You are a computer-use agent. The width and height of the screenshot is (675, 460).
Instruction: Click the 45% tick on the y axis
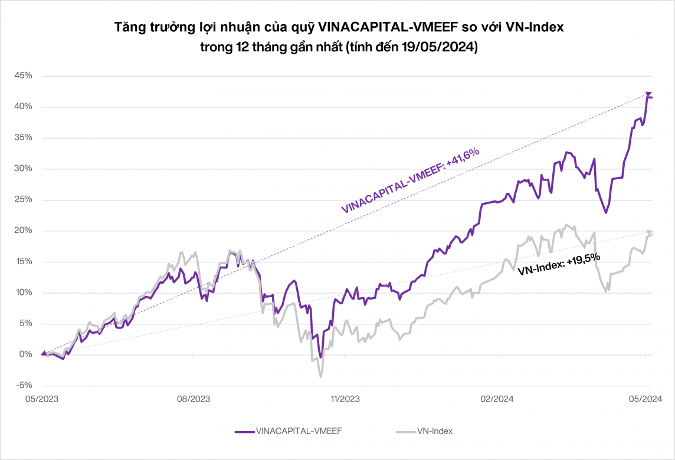coord(24,76)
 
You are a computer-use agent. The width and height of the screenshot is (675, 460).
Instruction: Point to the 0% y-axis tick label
coord(26,354)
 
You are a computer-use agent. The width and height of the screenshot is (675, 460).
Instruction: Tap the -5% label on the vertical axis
coord(24,386)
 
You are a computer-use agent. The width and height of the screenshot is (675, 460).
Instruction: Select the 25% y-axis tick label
coord(24,200)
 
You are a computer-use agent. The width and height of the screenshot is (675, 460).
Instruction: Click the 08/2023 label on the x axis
coord(194,399)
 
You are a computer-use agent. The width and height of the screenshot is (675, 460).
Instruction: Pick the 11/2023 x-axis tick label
coord(345,399)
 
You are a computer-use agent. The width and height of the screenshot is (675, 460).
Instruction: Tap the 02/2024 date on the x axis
coord(497,399)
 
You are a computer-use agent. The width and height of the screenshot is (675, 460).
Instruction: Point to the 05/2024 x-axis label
coord(645,399)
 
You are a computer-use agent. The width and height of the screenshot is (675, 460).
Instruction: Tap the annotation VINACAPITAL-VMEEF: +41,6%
coord(411,180)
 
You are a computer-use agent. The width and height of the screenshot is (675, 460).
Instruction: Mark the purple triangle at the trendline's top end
coord(648,94)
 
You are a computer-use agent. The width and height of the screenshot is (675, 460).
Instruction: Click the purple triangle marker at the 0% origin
coord(43,353)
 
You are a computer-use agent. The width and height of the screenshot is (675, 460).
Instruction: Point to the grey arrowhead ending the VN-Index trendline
coord(650,231)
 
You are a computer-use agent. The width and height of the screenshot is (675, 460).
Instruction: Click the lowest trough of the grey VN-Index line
coord(320,376)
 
